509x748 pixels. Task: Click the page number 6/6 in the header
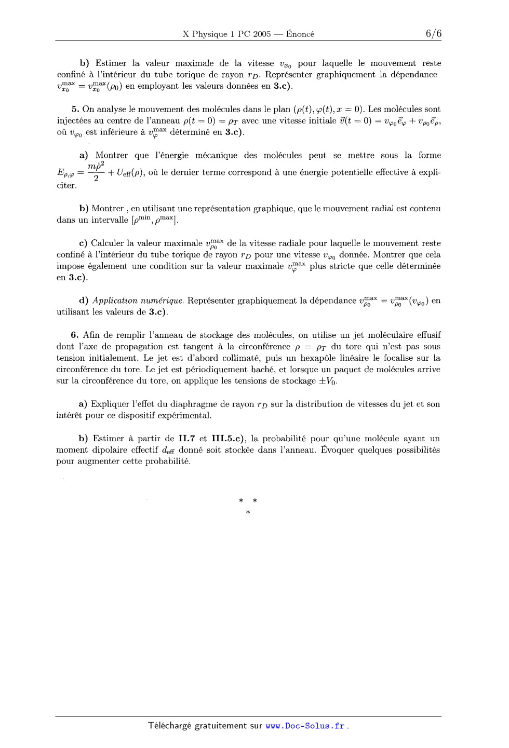433,34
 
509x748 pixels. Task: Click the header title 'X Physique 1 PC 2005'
226,34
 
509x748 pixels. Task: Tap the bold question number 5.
75,110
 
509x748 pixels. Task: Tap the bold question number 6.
75,335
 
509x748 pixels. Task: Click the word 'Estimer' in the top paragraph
111,63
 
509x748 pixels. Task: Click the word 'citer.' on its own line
66,185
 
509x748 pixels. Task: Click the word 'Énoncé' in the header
300,34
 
